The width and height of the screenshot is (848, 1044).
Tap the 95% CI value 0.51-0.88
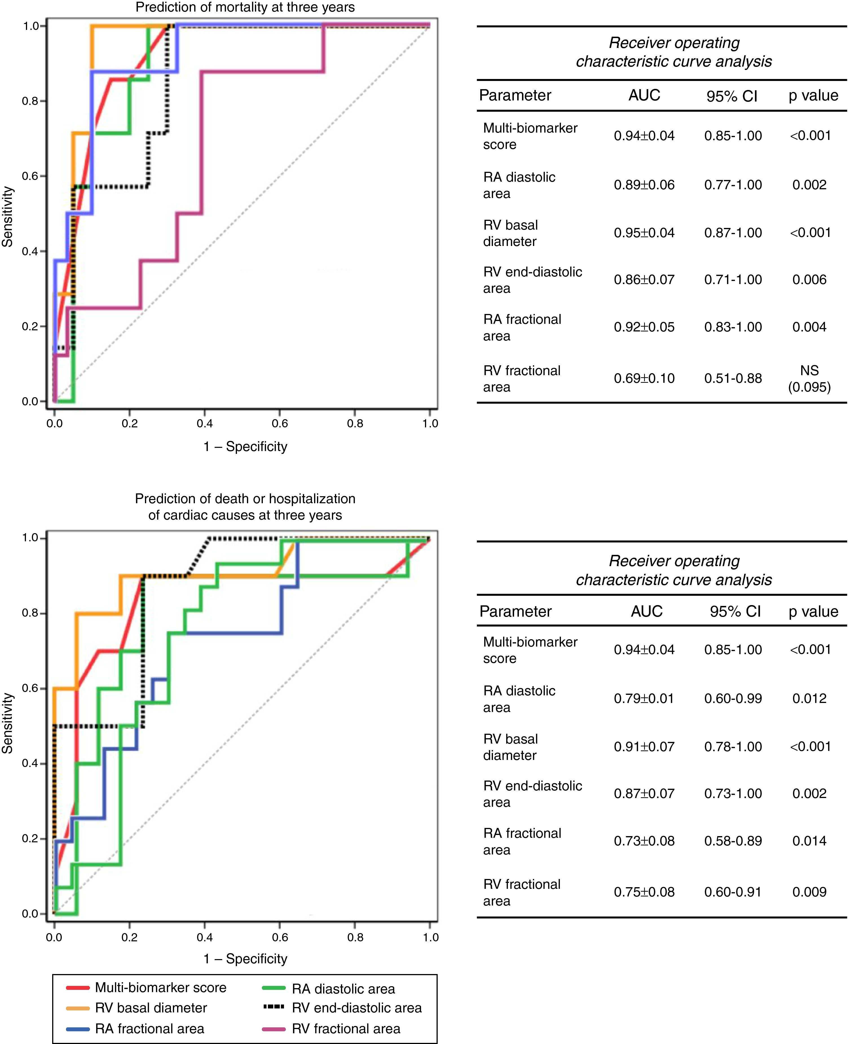point(733,378)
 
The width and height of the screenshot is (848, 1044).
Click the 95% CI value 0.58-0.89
point(733,841)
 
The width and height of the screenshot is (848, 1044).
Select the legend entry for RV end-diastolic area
point(356,1008)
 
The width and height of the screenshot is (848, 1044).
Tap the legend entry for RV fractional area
point(346,1028)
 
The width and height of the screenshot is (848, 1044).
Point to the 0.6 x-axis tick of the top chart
point(280,424)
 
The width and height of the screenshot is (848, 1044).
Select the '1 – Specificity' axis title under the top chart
point(245,447)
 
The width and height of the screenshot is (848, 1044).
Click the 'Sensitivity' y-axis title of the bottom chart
point(7,723)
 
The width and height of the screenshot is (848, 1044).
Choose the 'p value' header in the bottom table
point(813,612)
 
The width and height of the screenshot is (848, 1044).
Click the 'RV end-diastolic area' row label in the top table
point(532,280)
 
